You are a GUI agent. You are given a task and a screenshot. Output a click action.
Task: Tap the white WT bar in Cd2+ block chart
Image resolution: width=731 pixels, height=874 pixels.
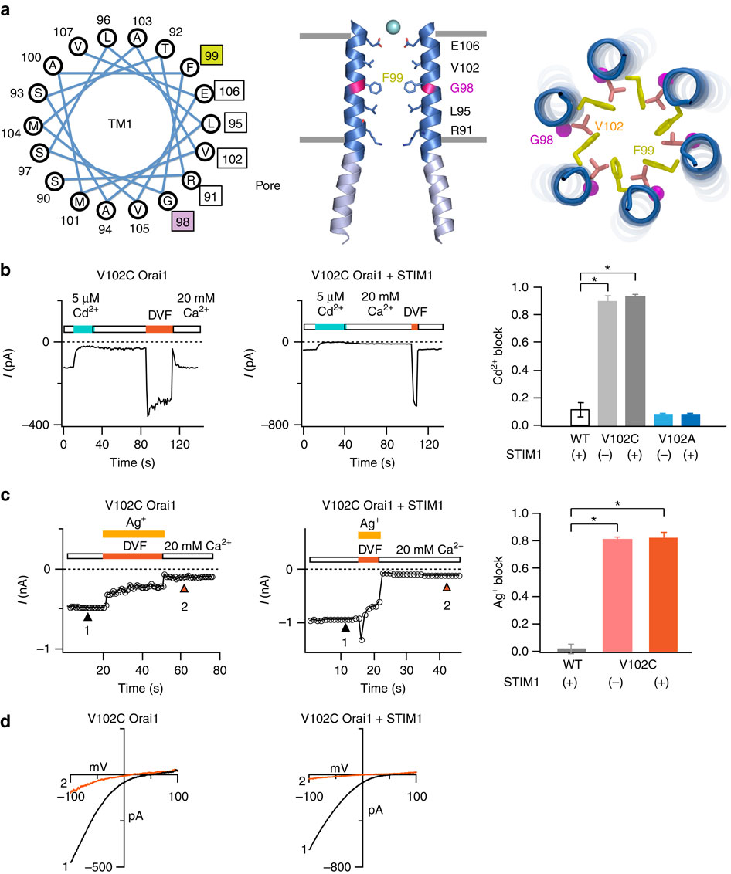tap(580, 417)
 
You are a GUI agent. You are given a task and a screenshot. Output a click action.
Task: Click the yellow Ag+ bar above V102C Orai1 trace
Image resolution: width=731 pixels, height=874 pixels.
tap(133, 534)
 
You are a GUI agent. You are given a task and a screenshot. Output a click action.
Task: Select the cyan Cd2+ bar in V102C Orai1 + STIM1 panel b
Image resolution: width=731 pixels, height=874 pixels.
tap(329, 327)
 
